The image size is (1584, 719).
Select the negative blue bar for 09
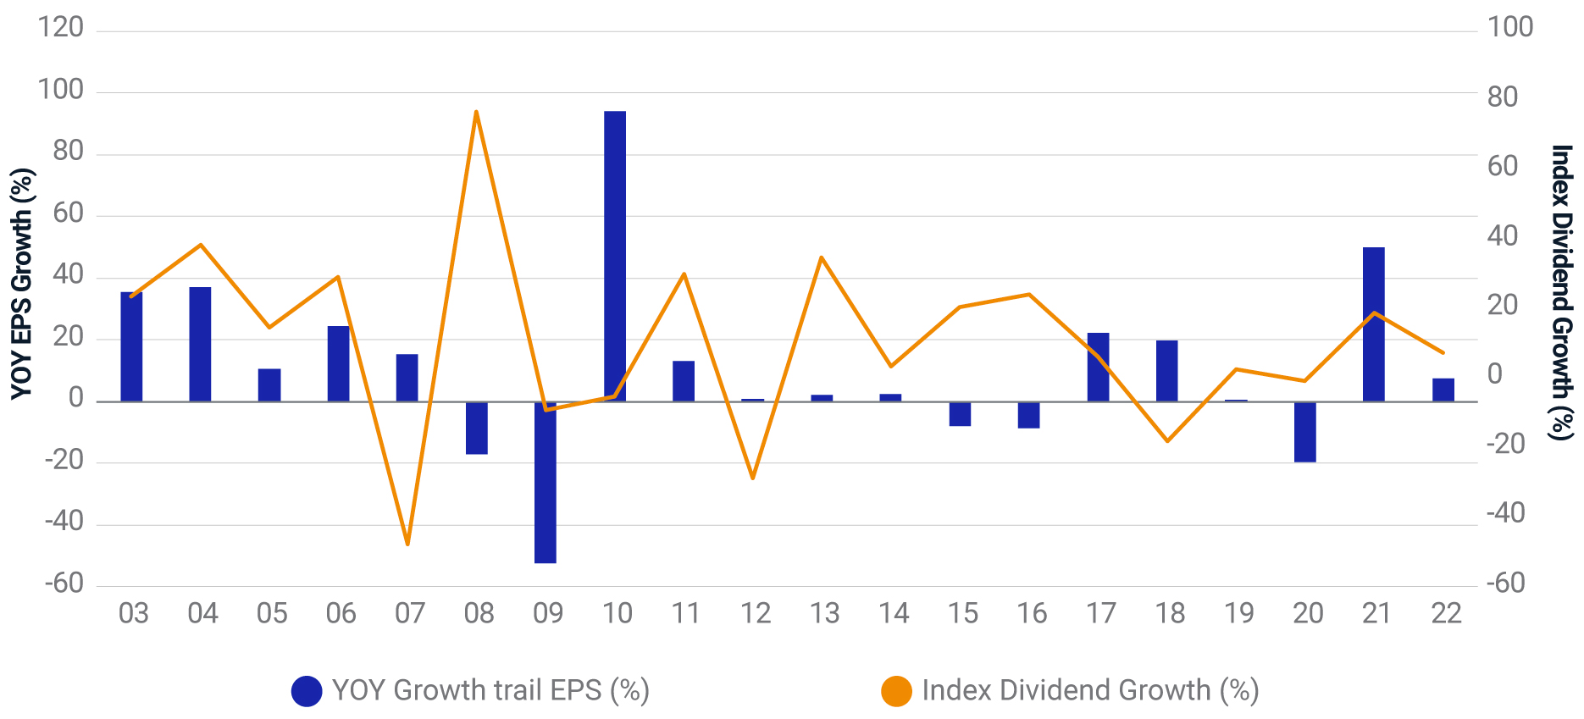click(x=546, y=483)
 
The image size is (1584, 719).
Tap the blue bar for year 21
click(x=1373, y=324)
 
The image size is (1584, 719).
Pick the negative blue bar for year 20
click(x=1304, y=432)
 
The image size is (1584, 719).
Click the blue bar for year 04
click(x=200, y=344)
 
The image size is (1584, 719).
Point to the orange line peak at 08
click(x=476, y=112)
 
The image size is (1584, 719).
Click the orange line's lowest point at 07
click(x=407, y=544)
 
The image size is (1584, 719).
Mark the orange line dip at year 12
click(x=752, y=478)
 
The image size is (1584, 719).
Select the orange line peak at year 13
click(x=822, y=257)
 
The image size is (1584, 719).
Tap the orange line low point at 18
click(x=1167, y=441)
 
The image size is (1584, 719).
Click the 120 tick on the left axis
click(x=61, y=27)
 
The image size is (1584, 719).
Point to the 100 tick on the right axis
click(x=1510, y=27)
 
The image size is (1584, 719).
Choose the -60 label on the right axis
click(x=1505, y=583)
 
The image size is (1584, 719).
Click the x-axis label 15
click(x=962, y=613)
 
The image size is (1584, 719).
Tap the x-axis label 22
click(x=1446, y=613)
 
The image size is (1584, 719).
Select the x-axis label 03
click(x=134, y=613)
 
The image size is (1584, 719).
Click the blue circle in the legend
click(x=307, y=691)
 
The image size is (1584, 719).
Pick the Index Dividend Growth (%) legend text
click(x=1090, y=690)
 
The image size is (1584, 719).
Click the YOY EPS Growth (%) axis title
click(x=21, y=284)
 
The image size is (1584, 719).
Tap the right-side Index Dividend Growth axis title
click(x=1561, y=292)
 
